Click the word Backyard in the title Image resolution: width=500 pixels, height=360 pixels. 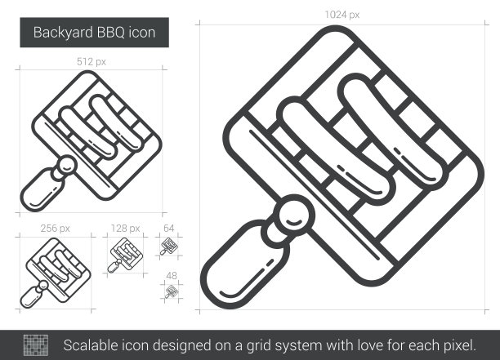[x=63, y=33]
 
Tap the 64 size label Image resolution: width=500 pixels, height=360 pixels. [x=168, y=228]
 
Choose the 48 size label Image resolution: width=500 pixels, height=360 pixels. [x=172, y=275]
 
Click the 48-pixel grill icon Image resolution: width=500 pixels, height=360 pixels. [x=172, y=291]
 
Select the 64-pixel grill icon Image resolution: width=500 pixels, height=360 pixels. [x=168, y=247]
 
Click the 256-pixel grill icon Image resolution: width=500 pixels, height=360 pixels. [x=56, y=273]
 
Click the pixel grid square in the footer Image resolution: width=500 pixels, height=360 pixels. [x=36, y=345]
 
